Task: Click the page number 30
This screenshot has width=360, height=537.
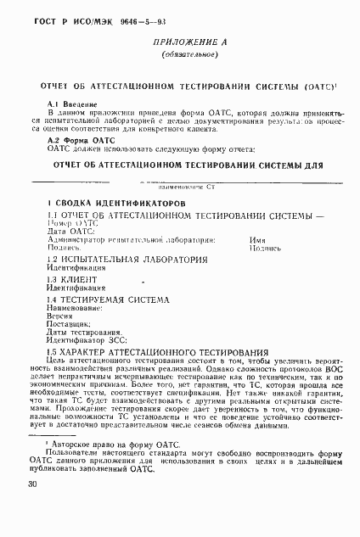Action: click(31, 484)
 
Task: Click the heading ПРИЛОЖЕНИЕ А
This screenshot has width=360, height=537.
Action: click(179, 42)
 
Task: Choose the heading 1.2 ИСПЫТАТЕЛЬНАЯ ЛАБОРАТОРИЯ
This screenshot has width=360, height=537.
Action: click(127, 259)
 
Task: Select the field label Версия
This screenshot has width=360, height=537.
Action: click(61, 316)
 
